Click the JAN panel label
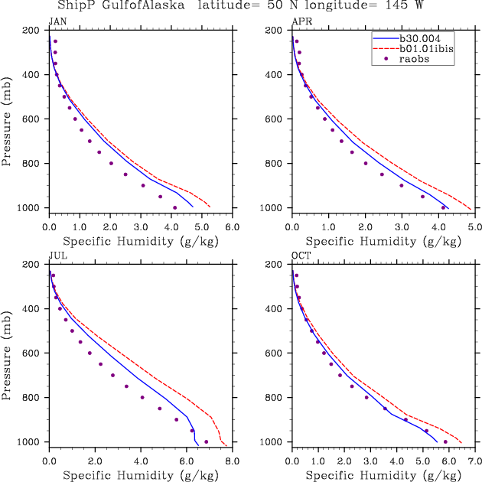coord(57,21)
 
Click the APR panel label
coord(299,21)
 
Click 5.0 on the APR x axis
coord(474,227)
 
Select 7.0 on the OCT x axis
coord(474,461)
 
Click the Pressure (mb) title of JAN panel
coord(7,119)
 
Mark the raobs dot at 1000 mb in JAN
coord(175,207)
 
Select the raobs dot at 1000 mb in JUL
coord(206,441)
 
